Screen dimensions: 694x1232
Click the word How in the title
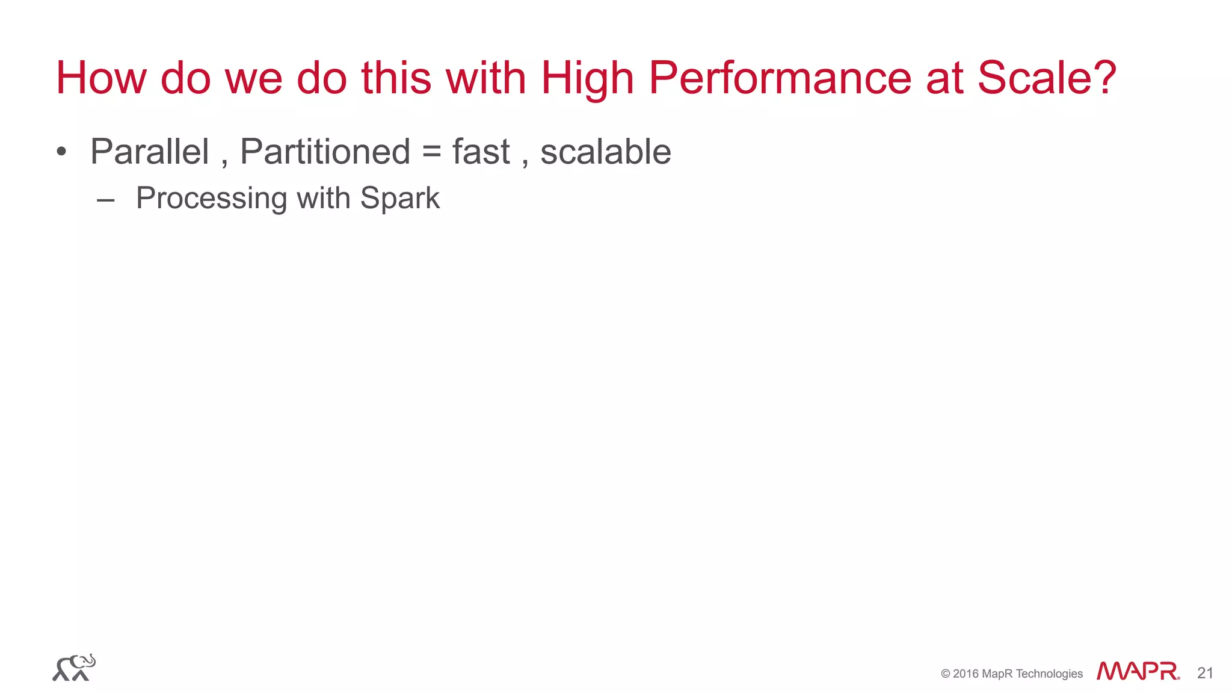pos(101,78)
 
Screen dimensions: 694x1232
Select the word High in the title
pos(587,78)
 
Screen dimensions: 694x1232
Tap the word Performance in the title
pos(780,78)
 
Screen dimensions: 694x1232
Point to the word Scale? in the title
pos(1047,78)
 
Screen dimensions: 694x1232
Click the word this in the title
pos(396,78)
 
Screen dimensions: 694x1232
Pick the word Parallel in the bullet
pos(150,151)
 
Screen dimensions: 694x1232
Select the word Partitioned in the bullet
pos(325,151)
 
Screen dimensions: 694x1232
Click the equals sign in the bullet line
pos(431,152)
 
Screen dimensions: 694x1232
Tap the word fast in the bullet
pos(481,151)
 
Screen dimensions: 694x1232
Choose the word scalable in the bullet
pos(606,151)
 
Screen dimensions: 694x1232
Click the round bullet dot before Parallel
pos(61,151)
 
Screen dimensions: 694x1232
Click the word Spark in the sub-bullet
pos(400,198)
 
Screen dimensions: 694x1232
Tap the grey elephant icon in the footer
pos(74,668)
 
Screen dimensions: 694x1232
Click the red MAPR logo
pos(1138,671)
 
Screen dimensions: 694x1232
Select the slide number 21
pos(1205,673)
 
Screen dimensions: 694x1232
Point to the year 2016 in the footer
pos(966,674)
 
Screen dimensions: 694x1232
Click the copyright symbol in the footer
pos(946,674)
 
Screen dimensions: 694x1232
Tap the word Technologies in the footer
pos(1049,674)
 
